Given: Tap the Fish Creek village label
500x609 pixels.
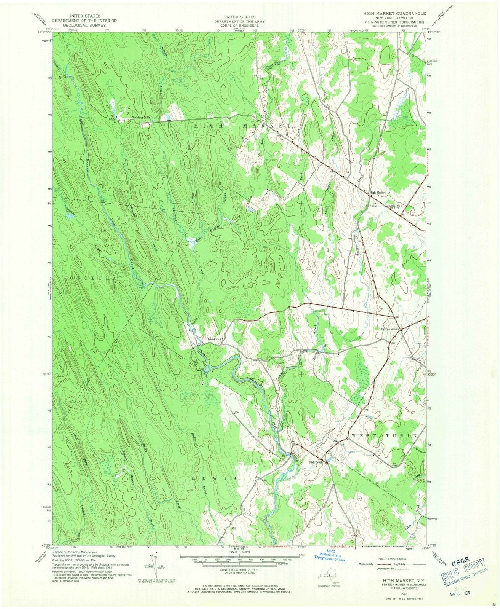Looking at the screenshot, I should click(316, 462).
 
